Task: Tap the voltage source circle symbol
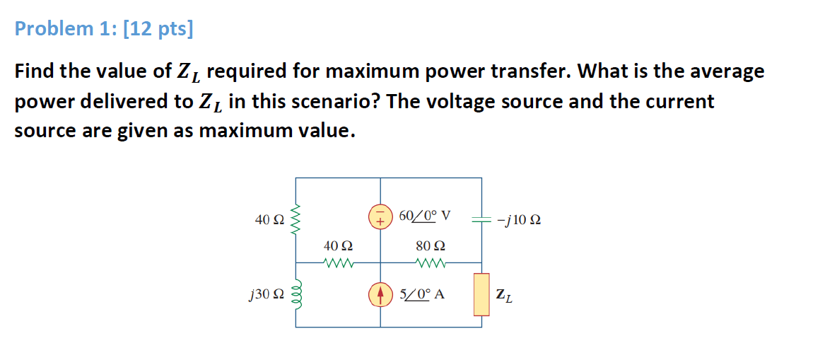[x=380, y=216]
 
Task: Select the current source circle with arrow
[x=380, y=294]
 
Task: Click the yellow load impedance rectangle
[x=481, y=294]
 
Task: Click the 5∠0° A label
[x=422, y=294]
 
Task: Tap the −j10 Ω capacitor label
[x=519, y=220]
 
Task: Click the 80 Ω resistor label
[x=431, y=247]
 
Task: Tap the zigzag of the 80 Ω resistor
[x=431, y=265]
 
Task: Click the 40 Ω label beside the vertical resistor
[x=269, y=220]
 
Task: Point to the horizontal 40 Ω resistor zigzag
[x=338, y=265]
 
